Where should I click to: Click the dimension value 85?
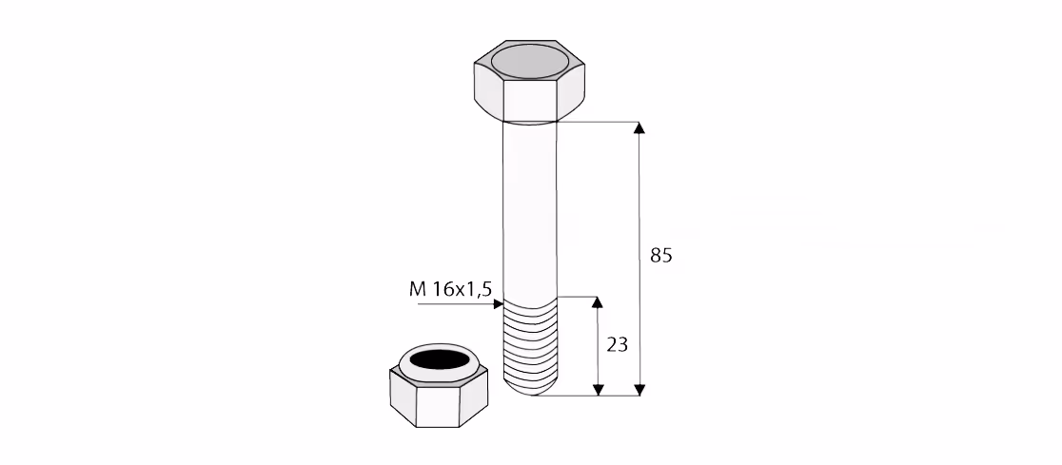tap(661, 256)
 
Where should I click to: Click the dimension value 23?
tap(617, 345)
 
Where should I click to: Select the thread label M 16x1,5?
tap(450, 290)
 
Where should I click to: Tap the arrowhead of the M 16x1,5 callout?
tap(499, 304)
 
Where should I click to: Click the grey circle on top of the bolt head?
tap(530, 62)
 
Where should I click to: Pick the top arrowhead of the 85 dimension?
tap(639, 127)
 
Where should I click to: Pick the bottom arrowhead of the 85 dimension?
tap(639, 390)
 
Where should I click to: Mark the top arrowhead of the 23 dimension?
tap(598, 301)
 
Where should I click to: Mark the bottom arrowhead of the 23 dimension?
tap(598, 390)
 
